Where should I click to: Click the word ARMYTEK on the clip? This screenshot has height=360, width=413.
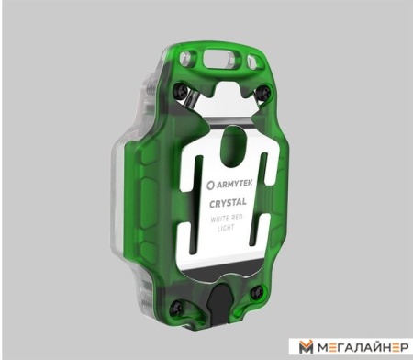[x=235, y=184]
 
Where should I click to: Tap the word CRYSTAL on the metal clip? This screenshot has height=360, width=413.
[x=228, y=203]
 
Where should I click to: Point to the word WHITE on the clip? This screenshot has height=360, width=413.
[x=219, y=219]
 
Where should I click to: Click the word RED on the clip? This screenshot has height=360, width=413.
[x=237, y=218]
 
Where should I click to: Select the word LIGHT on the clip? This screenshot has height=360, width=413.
[x=226, y=228]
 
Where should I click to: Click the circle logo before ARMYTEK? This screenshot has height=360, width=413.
[x=211, y=185]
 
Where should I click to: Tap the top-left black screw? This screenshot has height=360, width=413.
[x=180, y=90]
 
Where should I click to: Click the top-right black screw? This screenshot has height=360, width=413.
[x=263, y=91]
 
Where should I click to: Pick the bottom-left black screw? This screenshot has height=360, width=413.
[x=177, y=308]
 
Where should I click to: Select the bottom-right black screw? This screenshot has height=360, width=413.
[x=257, y=292]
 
